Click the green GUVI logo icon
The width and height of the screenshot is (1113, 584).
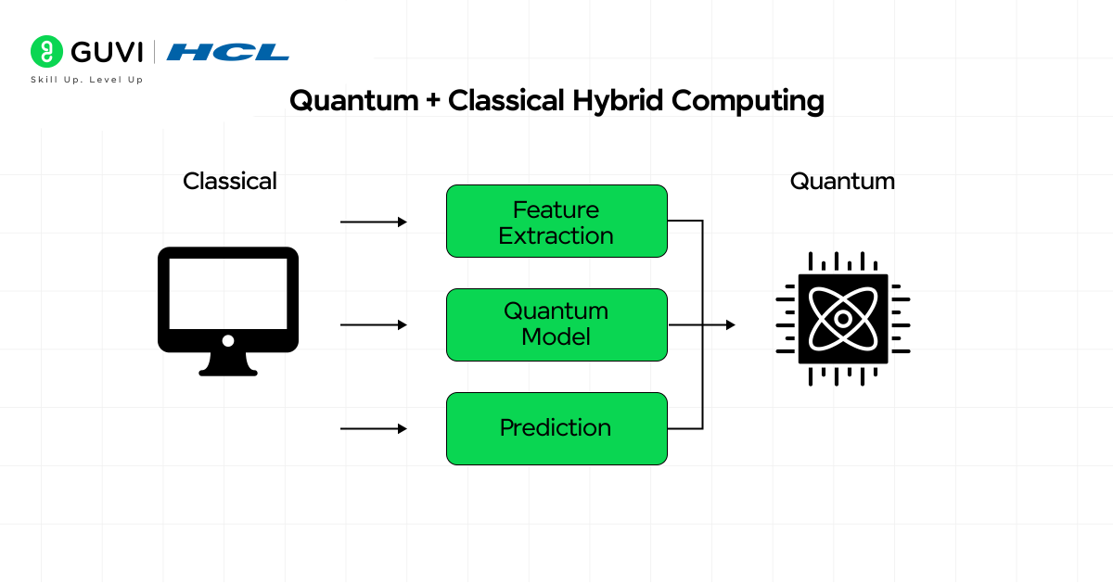click(x=45, y=51)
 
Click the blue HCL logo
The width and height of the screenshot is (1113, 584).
click(x=228, y=52)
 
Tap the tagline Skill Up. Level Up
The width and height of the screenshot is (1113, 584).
click(x=86, y=80)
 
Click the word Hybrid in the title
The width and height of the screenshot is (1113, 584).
click(x=618, y=100)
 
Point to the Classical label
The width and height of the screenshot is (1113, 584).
click(x=230, y=181)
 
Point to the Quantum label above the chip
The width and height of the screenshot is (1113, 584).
click(x=842, y=181)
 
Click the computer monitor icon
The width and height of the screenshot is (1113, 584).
click(x=228, y=301)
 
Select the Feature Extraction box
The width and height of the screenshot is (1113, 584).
click(x=556, y=221)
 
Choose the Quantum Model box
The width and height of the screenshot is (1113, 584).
click(x=556, y=324)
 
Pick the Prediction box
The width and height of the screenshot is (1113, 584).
click(x=556, y=428)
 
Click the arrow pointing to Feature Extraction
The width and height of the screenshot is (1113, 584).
click(x=374, y=222)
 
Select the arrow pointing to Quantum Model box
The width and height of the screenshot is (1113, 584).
click(x=374, y=324)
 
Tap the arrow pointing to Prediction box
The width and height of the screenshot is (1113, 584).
click(x=374, y=428)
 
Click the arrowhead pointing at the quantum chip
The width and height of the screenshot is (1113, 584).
click(x=731, y=324)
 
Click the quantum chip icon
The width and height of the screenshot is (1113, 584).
click(x=842, y=318)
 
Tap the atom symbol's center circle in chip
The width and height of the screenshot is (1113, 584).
click(x=842, y=318)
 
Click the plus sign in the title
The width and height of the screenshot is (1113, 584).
click(x=433, y=101)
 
